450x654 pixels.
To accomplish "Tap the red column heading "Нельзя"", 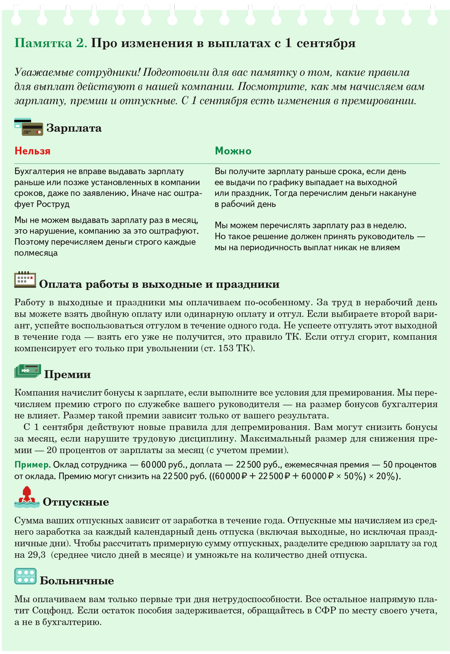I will pyautogui.click(x=32, y=151).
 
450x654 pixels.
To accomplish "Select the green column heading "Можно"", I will pyautogui.click(x=233, y=151).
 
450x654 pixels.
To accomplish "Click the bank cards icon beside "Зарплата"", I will pyautogui.click(x=29, y=127).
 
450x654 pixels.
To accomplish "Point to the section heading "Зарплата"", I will pyautogui.click(x=74, y=128).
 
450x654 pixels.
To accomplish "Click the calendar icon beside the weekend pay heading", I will pyautogui.click(x=25, y=280).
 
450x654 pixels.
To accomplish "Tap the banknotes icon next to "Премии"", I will pyautogui.click(x=27, y=371).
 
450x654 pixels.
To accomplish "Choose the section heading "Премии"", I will pyautogui.click(x=67, y=374).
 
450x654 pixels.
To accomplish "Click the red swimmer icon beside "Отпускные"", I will pyautogui.click(x=27, y=497).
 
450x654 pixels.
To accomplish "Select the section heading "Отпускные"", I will pyautogui.click(x=76, y=502).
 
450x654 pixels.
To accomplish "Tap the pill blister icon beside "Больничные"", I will pyautogui.click(x=25, y=576).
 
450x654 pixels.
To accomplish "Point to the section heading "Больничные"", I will pyautogui.click(x=77, y=581).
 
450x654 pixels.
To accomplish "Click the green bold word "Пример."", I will pyautogui.click(x=32, y=465).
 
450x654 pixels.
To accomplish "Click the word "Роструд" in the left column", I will pyautogui.click(x=53, y=204).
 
